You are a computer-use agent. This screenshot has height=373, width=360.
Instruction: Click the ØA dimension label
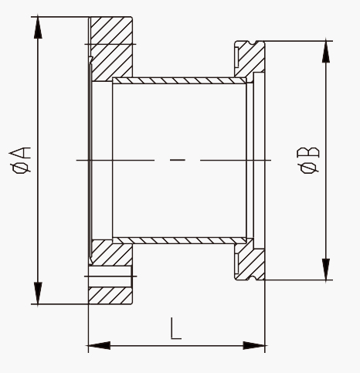(20, 160)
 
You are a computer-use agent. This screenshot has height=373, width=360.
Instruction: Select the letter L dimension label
(176, 329)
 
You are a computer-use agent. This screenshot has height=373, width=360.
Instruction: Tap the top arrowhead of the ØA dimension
(38, 28)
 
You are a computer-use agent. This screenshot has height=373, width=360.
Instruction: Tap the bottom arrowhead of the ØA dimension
(38, 293)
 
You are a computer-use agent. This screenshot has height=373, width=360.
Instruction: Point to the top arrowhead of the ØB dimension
(326, 52)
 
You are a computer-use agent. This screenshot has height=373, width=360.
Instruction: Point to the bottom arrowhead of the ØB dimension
(326, 269)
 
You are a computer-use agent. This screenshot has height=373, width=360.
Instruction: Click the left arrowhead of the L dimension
(100, 345)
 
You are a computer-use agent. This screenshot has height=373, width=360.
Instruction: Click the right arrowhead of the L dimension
(254, 345)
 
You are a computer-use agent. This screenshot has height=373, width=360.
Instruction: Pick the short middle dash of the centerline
(178, 160)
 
